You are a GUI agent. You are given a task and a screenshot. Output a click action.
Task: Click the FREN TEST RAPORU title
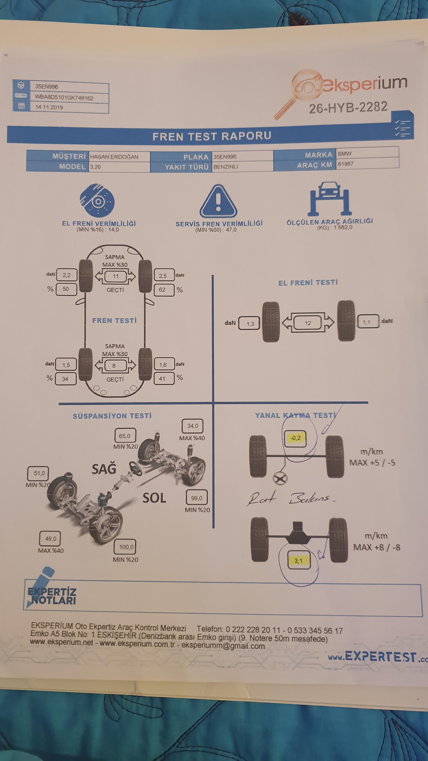pyautogui.click(x=212, y=136)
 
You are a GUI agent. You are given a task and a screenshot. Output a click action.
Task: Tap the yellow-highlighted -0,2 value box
pyautogui.click(x=295, y=438)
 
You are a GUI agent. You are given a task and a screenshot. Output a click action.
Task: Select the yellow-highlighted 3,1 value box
pyautogui.click(x=298, y=560)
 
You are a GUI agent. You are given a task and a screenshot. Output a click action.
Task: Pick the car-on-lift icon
pyautogui.click(x=329, y=199)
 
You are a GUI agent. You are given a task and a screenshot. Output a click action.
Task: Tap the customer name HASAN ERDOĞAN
pyautogui.click(x=114, y=157)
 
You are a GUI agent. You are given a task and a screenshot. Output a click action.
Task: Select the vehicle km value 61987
pyautogui.click(x=346, y=164)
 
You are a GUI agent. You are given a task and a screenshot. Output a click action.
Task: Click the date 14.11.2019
pyautogui.click(x=49, y=107)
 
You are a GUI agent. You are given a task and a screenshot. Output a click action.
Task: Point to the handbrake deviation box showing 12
pyautogui.click(x=308, y=323)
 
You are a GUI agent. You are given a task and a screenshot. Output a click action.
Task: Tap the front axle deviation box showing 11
pyautogui.click(x=115, y=276)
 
